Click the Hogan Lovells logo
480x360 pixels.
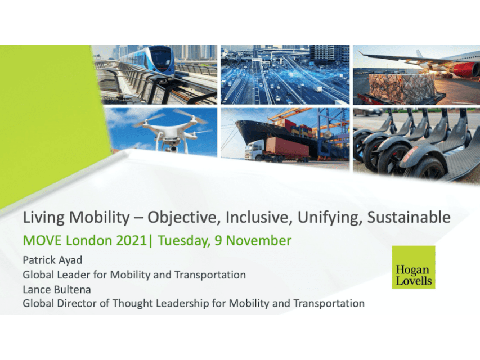click(x=413, y=267)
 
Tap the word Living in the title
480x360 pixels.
click(x=41, y=218)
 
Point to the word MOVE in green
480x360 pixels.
click(x=38, y=241)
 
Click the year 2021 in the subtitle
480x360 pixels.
click(x=131, y=241)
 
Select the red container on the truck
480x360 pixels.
click(x=287, y=147)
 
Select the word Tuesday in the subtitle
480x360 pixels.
click(x=181, y=241)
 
